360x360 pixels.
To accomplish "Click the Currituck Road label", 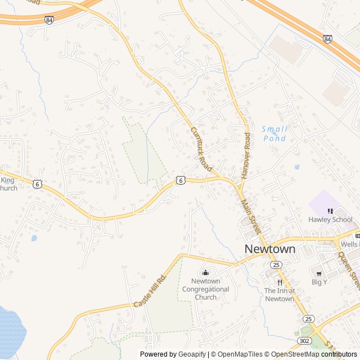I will [x=201, y=148].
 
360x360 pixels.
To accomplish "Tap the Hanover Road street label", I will [x=246, y=156].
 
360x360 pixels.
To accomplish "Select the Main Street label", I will [x=251, y=217].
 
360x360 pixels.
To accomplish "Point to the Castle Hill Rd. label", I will [x=151, y=291].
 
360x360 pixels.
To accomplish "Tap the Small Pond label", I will [x=274, y=133].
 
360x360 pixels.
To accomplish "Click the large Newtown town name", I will [x=270, y=249].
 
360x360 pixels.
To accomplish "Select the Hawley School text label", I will [x=330, y=219].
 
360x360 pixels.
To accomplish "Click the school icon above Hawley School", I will [x=330, y=211].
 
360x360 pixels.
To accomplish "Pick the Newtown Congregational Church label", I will [x=205, y=289].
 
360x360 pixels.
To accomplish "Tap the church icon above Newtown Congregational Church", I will [x=205, y=273].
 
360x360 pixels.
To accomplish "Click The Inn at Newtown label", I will [x=279, y=295].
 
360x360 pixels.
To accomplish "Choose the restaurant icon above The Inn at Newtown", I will [x=279, y=282].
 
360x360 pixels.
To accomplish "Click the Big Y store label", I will [x=319, y=282].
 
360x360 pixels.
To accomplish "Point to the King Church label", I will [x=8, y=184].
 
